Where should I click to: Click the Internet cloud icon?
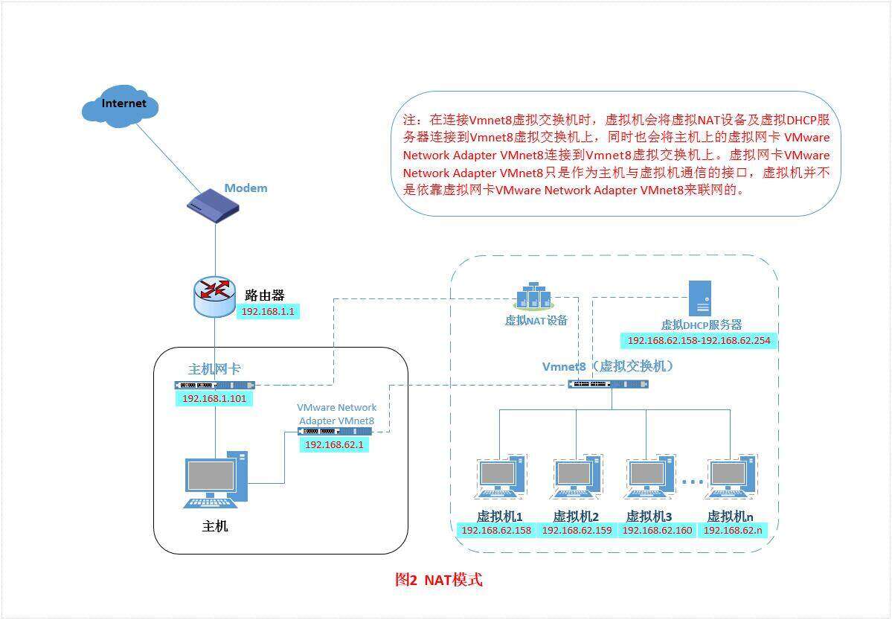120,106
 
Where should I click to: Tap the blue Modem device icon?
215,207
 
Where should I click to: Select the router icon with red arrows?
214,296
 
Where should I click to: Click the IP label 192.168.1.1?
269,311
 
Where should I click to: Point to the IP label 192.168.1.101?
214,399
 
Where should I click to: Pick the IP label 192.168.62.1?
334,444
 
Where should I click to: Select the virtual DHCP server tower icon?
700,298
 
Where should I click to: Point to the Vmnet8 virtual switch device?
608,384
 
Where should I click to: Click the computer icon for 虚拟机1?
499,478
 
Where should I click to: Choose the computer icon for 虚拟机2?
576,478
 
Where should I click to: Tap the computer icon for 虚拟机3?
649,478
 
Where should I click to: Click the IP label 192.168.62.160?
657,531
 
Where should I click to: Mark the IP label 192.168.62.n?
733,531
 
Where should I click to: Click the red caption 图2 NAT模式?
438,580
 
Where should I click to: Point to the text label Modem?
246,188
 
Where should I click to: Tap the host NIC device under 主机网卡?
215,385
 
